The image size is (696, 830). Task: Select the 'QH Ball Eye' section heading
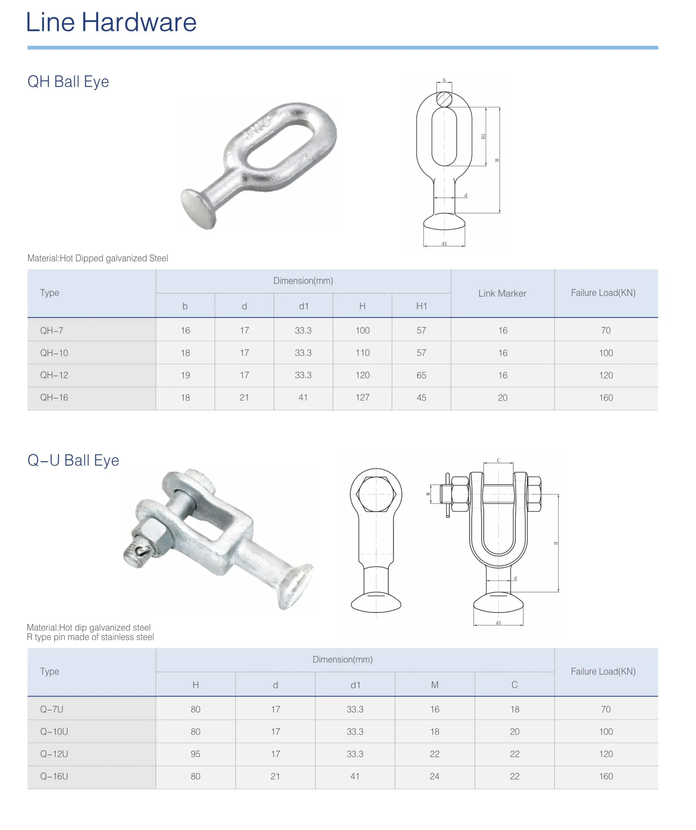coord(68,81)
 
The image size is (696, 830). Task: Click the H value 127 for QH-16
coord(362,398)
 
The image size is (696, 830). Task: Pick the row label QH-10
coord(54,353)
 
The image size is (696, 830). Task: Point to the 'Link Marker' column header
coord(502,293)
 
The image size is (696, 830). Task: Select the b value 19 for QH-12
coord(185,375)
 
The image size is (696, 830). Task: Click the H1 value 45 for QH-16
coord(421,398)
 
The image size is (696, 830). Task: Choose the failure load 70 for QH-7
coord(606,330)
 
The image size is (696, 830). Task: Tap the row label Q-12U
coord(54,754)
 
